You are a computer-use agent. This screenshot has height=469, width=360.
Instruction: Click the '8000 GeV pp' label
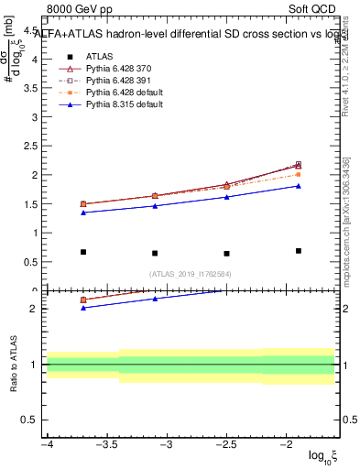pyautogui.click(x=81, y=11)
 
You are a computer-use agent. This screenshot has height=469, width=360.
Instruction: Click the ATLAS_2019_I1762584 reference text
pyautogui.click(x=191, y=274)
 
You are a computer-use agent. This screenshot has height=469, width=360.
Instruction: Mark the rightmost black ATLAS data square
pyautogui.click(x=299, y=251)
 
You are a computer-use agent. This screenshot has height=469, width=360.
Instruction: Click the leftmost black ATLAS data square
pyautogui.click(x=83, y=252)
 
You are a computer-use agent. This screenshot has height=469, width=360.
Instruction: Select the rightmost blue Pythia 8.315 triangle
pyautogui.click(x=299, y=186)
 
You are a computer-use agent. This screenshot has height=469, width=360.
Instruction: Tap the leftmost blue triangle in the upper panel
pyautogui.click(x=83, y=213)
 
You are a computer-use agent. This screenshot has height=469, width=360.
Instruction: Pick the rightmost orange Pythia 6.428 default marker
pyautogui.click(x=299, y=174)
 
